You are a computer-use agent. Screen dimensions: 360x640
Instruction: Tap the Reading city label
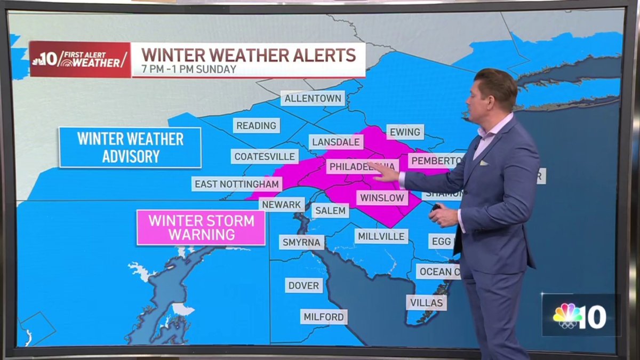257,125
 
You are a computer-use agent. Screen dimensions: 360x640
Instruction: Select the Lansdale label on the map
336,142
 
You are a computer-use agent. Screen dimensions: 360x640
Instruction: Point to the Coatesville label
265,156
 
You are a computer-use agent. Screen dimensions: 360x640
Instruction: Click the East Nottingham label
237,184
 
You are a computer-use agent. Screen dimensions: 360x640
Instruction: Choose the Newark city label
282,204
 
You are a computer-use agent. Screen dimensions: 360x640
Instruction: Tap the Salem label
330,211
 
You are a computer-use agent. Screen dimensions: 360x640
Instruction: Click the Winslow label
381,198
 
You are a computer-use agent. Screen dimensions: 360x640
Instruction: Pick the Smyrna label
301,242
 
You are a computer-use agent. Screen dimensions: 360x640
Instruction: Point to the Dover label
303,285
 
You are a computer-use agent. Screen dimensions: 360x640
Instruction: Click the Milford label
324,317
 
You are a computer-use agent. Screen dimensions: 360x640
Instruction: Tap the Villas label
426,303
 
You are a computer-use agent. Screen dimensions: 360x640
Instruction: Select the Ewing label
405,132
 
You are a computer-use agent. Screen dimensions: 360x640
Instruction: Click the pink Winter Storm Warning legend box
201,227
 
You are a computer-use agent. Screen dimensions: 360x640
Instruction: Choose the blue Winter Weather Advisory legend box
130,147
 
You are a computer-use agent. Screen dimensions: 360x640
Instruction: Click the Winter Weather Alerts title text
248,55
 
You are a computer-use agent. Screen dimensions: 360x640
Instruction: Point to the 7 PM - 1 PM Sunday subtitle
189,69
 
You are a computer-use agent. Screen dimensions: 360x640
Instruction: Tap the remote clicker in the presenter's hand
436,208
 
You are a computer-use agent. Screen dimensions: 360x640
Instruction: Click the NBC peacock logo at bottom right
567,317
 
